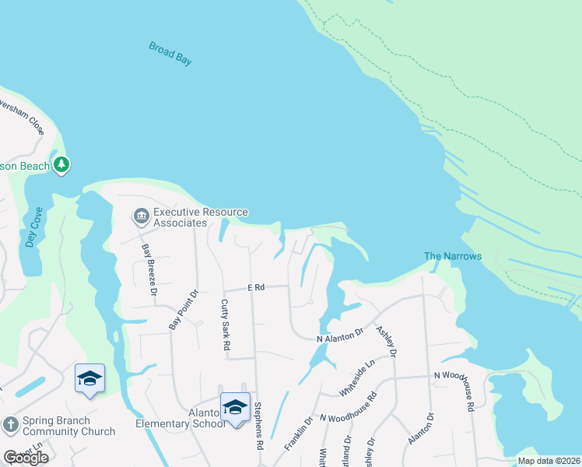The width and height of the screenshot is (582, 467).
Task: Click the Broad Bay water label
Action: pos(170,54)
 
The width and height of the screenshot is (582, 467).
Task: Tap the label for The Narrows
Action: pos(453,256)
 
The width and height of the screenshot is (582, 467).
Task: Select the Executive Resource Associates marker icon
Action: pos(141,216)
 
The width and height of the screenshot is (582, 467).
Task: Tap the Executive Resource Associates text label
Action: pos(200,217)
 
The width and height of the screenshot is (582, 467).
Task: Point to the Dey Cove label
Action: pos(32,227)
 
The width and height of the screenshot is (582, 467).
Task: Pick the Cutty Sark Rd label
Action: pos(226,325)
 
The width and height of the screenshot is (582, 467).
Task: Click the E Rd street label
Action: pos(257,288)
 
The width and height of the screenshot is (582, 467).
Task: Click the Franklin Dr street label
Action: pos(298,433)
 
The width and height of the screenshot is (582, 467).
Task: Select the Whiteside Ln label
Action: pos(358,374)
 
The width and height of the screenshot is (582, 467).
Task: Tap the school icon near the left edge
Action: pos(89,379)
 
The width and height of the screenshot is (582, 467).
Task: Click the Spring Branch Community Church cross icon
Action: pos(10,425)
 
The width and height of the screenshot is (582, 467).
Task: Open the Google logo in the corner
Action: pos(26,458)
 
